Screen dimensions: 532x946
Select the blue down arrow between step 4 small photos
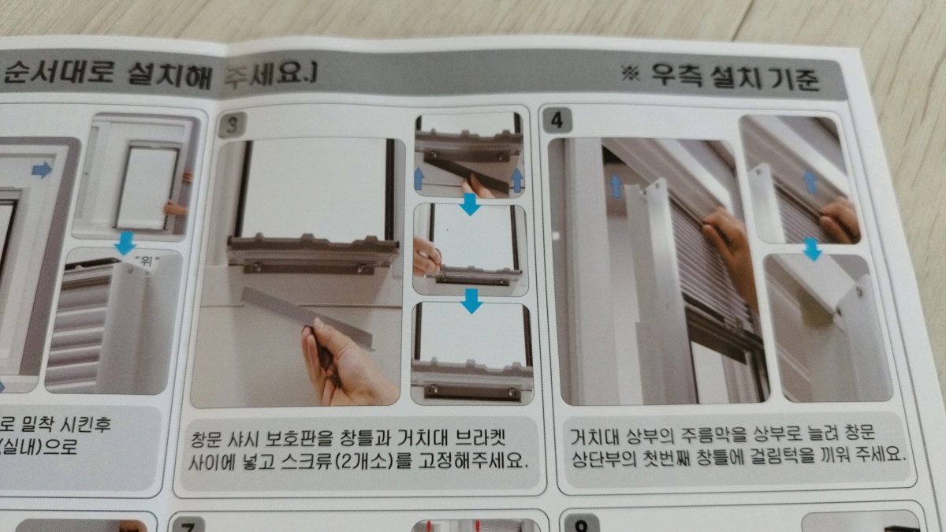810,250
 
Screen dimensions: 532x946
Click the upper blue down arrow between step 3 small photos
470,205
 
